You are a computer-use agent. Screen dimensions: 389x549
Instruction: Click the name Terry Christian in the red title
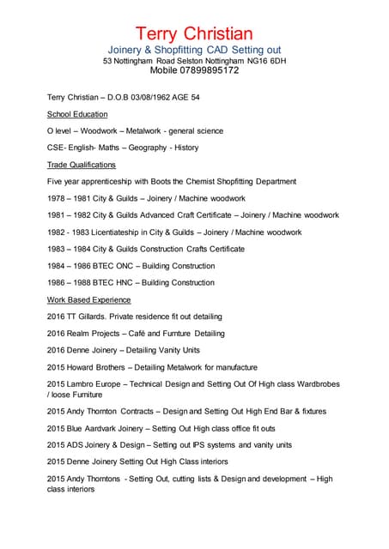194,33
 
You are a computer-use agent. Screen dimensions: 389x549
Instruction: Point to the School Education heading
77,114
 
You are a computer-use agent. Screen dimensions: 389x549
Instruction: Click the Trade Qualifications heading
82,165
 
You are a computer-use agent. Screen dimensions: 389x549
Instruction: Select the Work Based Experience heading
89,299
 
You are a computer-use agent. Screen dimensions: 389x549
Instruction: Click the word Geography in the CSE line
149,148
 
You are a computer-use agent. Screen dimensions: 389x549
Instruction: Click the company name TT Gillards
89,317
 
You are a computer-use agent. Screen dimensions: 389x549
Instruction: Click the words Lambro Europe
99,383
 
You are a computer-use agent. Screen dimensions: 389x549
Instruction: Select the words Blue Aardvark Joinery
107,428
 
